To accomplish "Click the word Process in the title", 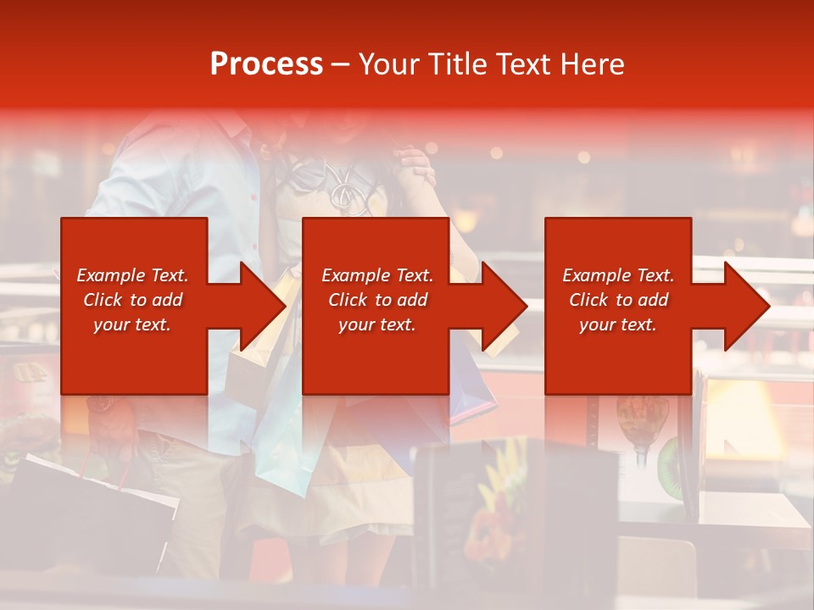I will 266,64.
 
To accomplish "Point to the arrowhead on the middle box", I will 504,306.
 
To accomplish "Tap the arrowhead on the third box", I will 745,306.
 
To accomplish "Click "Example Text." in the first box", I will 133,275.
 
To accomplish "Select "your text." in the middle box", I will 376,324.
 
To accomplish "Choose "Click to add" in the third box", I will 619,300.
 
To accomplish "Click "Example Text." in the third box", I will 618,275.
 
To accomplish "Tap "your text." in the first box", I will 131,324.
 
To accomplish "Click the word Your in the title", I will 387,64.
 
